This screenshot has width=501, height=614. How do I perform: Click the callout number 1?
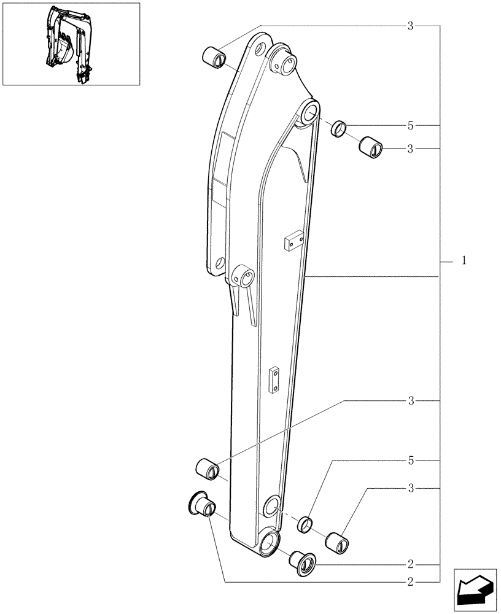tap(464, 261)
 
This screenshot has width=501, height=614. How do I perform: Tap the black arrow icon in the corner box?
tap(473, 589)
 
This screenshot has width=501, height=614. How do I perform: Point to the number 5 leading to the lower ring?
tap(411, 460)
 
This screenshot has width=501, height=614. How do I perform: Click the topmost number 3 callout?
tap(411, 26)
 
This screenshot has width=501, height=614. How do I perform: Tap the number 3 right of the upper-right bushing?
tap(411, 149)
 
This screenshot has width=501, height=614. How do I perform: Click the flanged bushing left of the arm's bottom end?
tap(201, 504)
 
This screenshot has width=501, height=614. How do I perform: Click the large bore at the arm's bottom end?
tap(269, 543)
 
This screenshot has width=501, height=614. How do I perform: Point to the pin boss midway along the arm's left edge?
tap(243, 275)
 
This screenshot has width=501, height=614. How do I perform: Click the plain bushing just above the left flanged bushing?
tap(207, 468)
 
